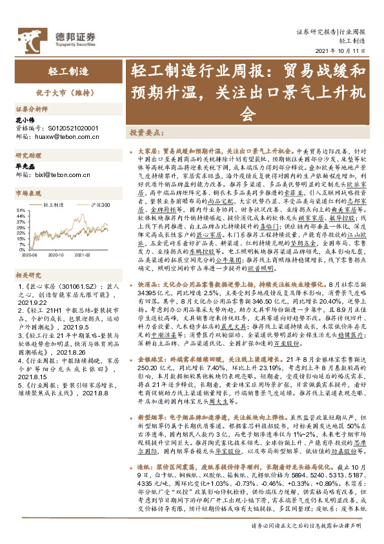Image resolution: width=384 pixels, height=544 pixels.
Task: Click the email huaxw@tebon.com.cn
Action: (66, 136)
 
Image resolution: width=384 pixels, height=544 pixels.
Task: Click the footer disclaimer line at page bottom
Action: (308, 525)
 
